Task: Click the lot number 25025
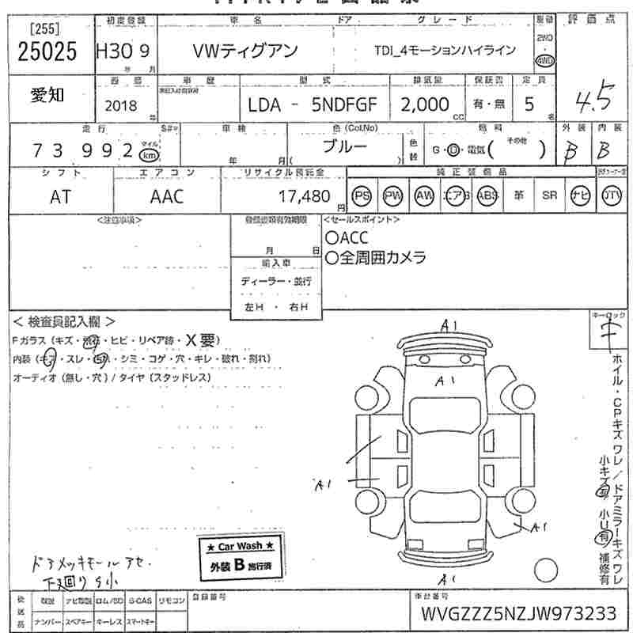(47, 51)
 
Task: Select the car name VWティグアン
(245, 51)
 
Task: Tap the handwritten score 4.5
(593, 100)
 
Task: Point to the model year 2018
(119, 105)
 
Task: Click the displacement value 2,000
(424, 104)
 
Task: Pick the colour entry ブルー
(344, 148)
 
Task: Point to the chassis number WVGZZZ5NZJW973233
(518, 615)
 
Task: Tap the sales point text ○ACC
(347, 238)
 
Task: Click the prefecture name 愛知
(48, 95)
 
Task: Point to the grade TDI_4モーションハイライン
(445, 51)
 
